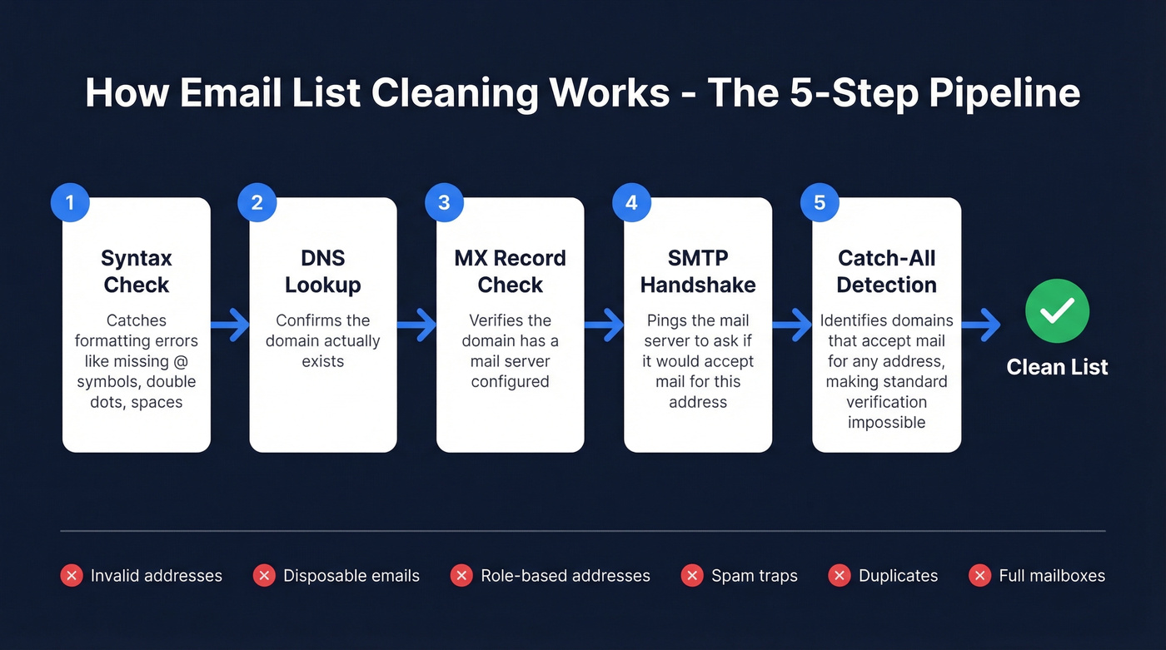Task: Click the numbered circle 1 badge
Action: click(x=70, y=203)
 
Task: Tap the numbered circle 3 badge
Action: click(x=444, y=203)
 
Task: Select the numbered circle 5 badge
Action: click(x=820, y=203)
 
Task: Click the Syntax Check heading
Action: click(x=137, y=271)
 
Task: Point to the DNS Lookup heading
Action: click(x=323, y=271)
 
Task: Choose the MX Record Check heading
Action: click(x=511, y=271)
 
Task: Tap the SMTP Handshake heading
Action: click(x=698, y=271)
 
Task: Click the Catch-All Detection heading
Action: click(x=887, y=271)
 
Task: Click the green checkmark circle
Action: click(x=1057, y=311)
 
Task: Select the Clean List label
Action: click(x=1057, y=367)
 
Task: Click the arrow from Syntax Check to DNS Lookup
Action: click(x=231, y=325)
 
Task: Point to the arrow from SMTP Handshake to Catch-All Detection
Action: click(x=793, y=325)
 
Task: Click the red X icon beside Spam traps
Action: click(x=692, y=575)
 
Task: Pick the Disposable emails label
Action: click(x=351, y=576)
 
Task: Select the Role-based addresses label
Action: click(x=566, y=576)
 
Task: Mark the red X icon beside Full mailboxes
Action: click(x=979, y=575)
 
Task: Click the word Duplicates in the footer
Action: click(x=898, y=576)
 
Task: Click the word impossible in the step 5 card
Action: click(x=887, y=422)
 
